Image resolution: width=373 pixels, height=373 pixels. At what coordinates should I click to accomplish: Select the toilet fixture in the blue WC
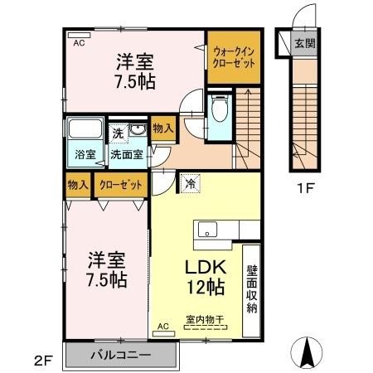(220, 108)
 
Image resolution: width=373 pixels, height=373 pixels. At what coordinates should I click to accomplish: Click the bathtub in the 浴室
(83, 130)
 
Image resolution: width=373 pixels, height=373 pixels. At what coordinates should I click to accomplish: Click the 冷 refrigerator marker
(191, 184)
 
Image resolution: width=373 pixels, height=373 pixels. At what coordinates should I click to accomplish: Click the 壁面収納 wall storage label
(250, 289)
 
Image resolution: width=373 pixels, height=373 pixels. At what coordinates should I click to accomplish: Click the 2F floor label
(43, 361)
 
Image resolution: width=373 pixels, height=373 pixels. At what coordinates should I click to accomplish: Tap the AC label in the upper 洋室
(79, 42)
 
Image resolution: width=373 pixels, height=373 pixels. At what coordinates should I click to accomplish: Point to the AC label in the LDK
(163, 327)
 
